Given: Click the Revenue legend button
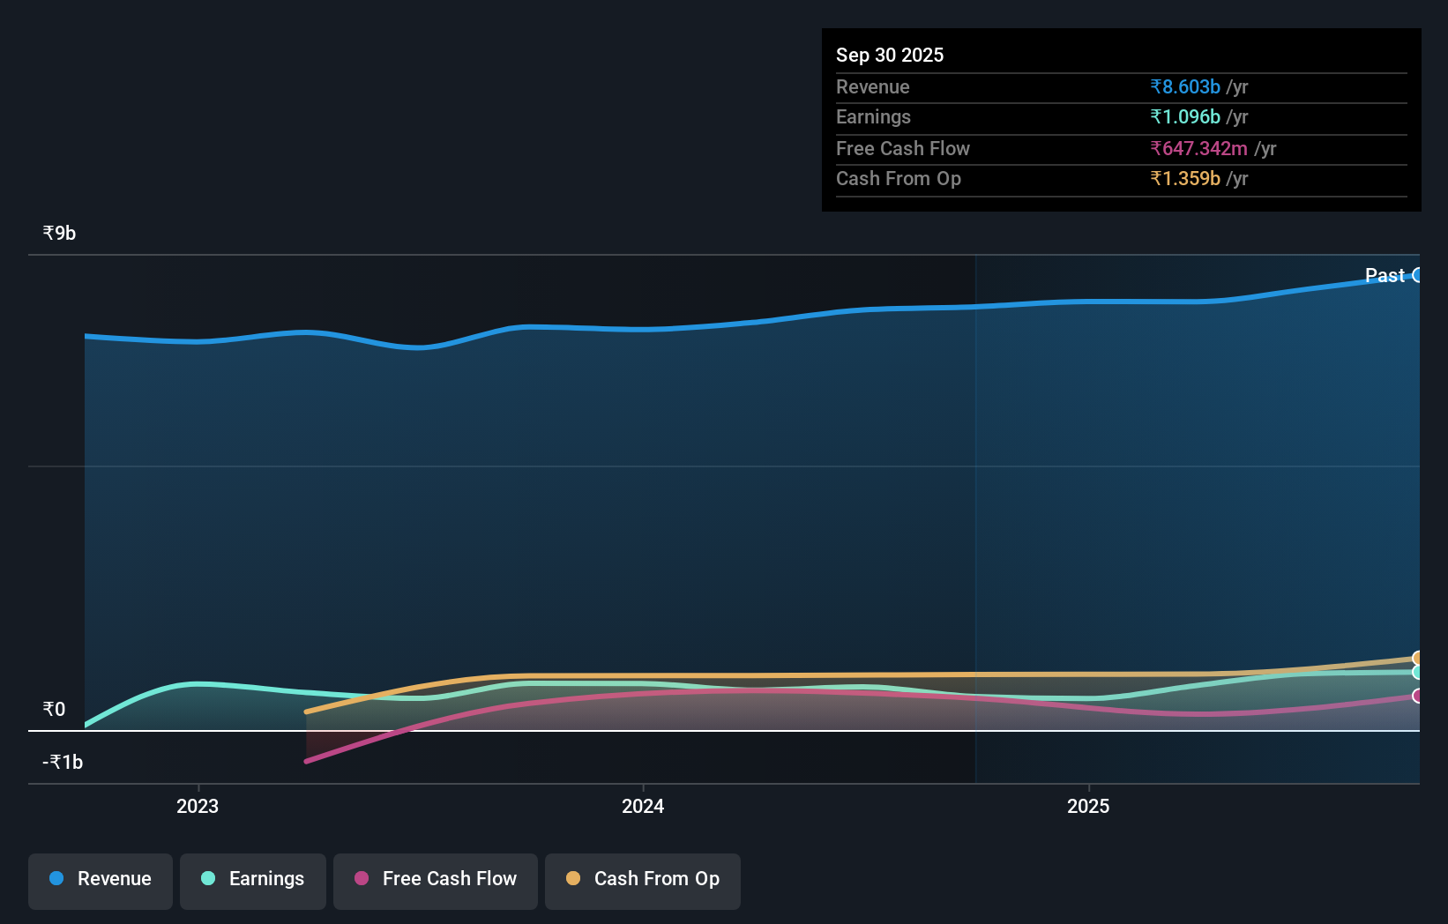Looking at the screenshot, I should click(x=101, y=879).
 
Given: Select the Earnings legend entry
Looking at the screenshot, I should click(x=253, y=879).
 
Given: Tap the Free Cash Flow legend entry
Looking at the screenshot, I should click(x=436, y=879).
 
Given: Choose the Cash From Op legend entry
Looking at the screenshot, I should click(x=643, y=879).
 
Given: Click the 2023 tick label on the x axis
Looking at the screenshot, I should click(x=198, y=806).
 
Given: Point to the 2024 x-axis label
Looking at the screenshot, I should click(x=643, y=806).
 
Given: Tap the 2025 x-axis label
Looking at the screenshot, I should click(x=1088, y=806).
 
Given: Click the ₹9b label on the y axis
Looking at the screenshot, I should click(x=59, y=234).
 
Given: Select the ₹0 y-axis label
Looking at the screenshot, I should click(x=54, y=710).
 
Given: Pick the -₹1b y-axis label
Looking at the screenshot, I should click(x=63, y=763).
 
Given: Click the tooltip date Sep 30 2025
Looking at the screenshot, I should click(x=890, y=55).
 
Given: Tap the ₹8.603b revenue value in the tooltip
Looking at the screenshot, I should click(x=1185, y=86).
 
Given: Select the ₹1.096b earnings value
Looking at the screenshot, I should click(x=1185, y=117).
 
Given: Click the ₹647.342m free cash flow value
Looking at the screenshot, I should click(x=1198, y=148).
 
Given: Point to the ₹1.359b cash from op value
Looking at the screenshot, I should click(x=1185, y=179).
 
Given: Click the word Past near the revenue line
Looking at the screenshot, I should click(x=1385, y=275).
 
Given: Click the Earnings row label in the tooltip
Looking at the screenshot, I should click(x=873, y=117).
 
